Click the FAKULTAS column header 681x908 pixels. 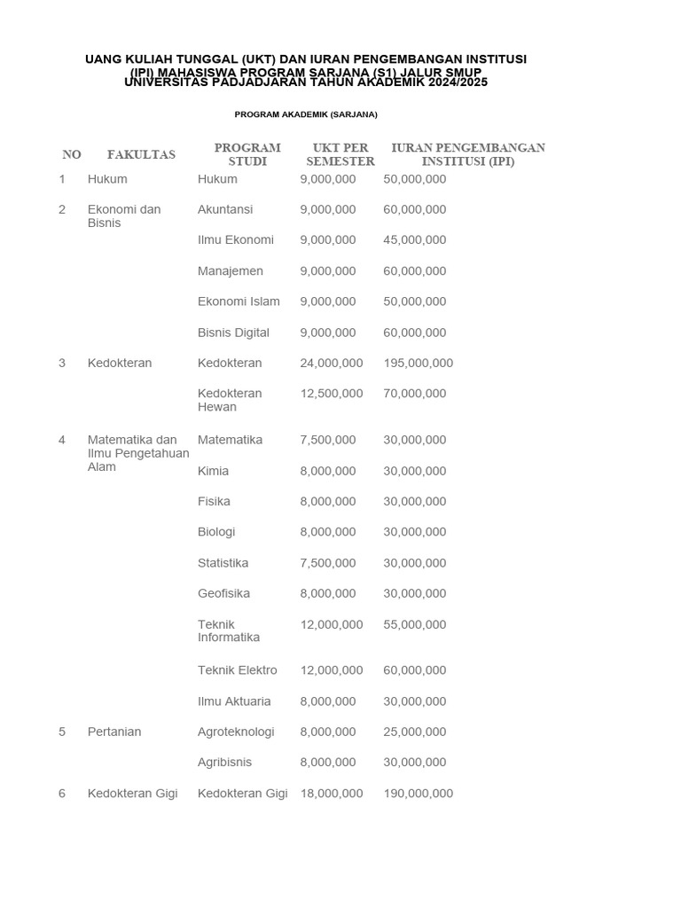141,154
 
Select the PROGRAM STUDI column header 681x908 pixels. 247,154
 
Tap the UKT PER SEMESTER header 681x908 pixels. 340,154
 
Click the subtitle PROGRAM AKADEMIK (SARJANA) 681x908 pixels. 306,114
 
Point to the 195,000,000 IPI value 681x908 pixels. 418,363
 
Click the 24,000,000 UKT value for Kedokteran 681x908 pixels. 331,363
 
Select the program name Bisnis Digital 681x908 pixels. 233,333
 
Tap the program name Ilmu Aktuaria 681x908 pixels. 234,701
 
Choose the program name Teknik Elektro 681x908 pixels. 237,670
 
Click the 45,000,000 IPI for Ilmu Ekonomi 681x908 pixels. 414,240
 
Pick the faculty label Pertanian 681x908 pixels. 114,732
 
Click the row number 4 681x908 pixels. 62,440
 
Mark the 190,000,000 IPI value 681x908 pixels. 418,794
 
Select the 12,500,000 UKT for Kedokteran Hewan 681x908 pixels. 331,394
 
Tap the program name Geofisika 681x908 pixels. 223,593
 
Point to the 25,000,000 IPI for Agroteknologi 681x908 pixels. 414,732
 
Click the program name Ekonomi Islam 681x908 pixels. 239,301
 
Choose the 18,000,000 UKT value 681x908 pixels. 331,794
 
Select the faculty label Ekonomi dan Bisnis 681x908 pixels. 123,216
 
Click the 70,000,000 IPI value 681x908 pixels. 414,394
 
